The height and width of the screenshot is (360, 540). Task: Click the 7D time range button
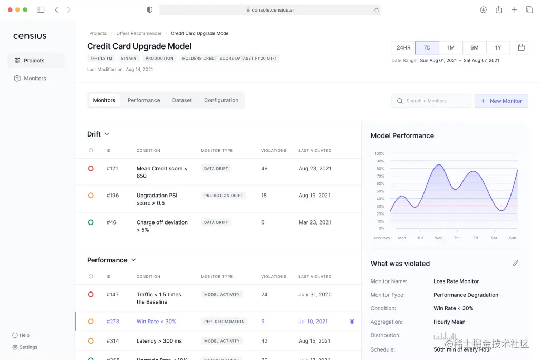(x=427, y=47)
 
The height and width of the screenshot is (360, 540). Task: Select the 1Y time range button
(x=498, y=47)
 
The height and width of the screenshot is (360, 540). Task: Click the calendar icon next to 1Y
(x=521, y=47)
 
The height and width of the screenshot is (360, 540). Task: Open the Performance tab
(x=143, y=100)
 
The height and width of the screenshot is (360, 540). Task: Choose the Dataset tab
(x=182, y=100)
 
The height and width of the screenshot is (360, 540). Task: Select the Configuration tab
(x=221, y=100)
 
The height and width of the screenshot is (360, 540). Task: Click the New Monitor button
(x=501, y=101)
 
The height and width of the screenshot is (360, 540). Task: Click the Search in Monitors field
(x=431, y=101)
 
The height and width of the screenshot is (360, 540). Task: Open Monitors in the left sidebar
(x=35, y=79)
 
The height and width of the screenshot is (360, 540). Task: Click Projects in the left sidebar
(x=34, y=61)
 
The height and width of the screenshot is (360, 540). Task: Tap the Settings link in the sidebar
(x=28, y=347)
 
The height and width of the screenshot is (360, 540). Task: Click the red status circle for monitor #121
(x=91, y=169)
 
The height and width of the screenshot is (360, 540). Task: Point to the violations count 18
(x=264, y=196)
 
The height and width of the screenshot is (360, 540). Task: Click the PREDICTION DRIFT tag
(x=224, y=196)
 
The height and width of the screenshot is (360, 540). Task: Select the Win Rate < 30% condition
(x=156, y=322)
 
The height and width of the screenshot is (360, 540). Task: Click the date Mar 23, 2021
(x=315, y=222)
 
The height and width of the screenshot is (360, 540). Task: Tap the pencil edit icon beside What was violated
(x=515, y=264)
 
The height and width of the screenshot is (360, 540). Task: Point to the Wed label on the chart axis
(x=438, y=238)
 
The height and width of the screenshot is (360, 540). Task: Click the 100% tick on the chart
(x=379, y=153)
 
